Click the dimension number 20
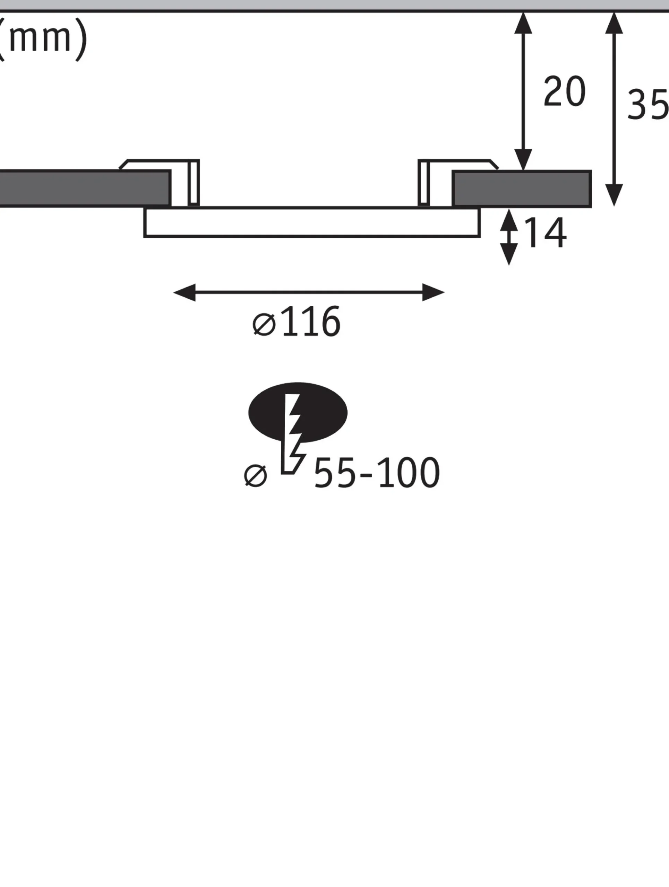[x=564, y=91]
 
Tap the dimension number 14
[x=545, y=232]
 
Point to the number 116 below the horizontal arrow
[x=311, y=321]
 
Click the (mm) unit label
[x=42, y=39]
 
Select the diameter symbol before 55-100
[x=255, y=476]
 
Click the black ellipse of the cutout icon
[x=298, y=412]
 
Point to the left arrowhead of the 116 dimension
[x=184, y=292]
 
